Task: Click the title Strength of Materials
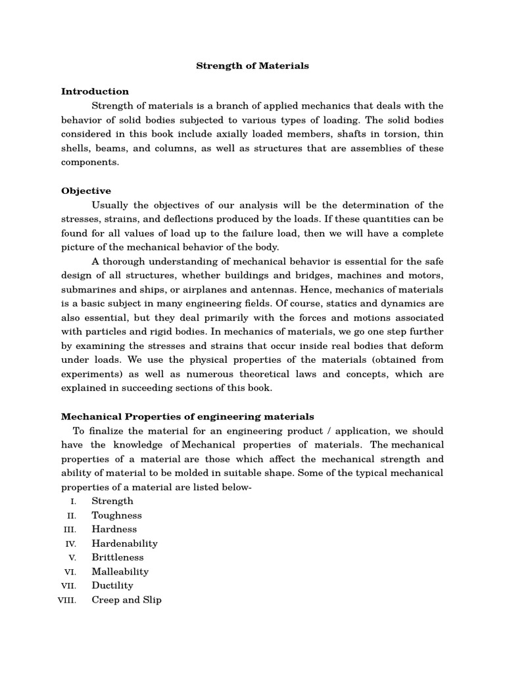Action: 253,66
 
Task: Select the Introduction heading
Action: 95,91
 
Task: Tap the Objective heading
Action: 86,191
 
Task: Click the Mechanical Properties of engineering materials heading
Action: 187,417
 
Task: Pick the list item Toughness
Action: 116,516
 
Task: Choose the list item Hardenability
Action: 124,544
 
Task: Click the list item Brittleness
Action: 118,557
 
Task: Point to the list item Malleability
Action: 120,572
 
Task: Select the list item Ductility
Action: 112,586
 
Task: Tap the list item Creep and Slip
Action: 126,600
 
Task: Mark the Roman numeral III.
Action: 70,530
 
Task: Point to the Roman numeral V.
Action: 74,558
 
